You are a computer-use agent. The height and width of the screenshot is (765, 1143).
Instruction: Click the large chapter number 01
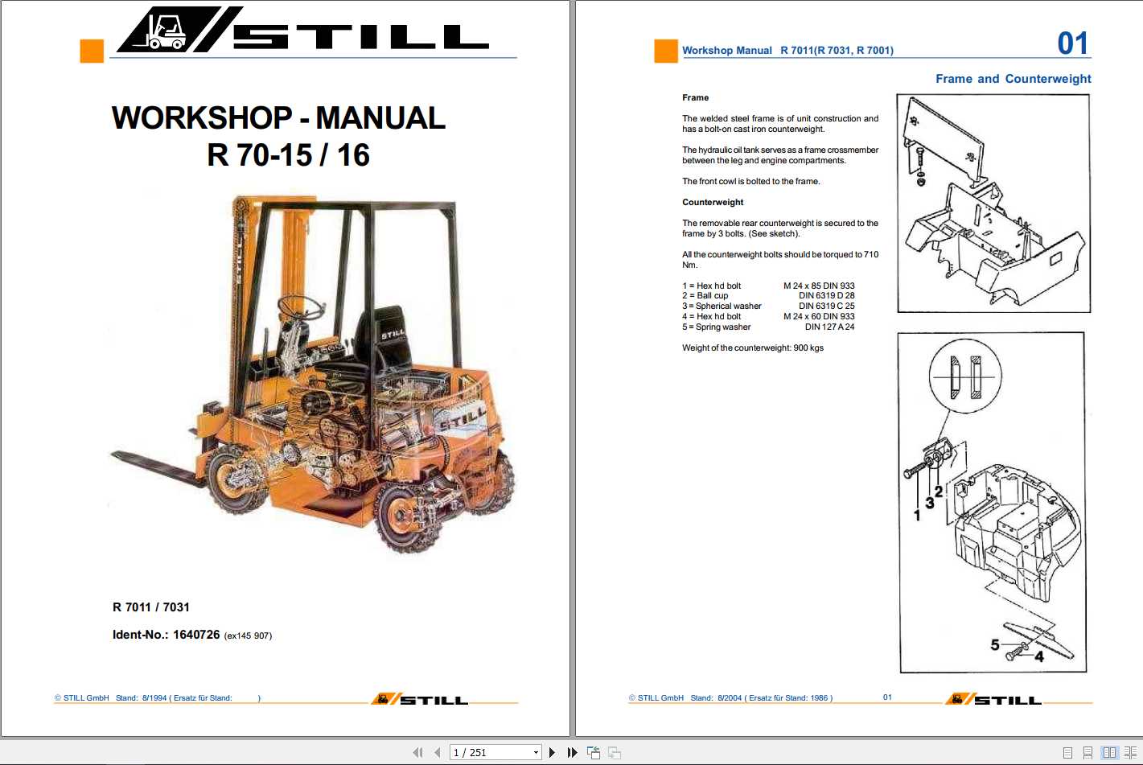[1072, 43]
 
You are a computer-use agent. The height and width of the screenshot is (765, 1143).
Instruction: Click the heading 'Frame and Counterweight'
[1013, 79]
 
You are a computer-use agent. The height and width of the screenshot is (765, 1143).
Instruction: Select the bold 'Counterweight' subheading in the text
[713, 203]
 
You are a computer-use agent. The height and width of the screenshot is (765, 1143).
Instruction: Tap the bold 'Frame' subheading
[696, 98]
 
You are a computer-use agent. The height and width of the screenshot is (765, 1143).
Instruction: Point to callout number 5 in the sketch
[995, 645]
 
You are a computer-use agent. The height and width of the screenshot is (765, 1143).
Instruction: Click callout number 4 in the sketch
[1039, 656]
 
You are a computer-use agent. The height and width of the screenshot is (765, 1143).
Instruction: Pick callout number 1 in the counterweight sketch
[917, 515]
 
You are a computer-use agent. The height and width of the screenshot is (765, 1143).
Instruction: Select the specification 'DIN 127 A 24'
[829, 327]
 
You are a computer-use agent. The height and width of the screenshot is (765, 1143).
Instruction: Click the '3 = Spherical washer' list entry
[722, 306]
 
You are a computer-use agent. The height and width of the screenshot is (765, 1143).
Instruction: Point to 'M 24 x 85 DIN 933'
[819, 286]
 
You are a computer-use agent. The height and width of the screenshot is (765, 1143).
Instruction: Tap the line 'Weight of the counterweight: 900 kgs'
[753, 348]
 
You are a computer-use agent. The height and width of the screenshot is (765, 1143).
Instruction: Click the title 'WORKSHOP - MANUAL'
[278, 118]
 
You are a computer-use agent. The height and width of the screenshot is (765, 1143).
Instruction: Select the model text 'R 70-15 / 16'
[288, 155]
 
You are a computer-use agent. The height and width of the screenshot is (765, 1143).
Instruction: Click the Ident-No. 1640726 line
[191, 635]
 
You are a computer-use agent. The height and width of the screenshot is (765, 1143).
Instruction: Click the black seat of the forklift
[384, 338]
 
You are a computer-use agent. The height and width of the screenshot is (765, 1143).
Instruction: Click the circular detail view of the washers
[965, 376]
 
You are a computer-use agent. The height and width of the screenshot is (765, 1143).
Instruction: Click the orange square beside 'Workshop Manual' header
[666, 51]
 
